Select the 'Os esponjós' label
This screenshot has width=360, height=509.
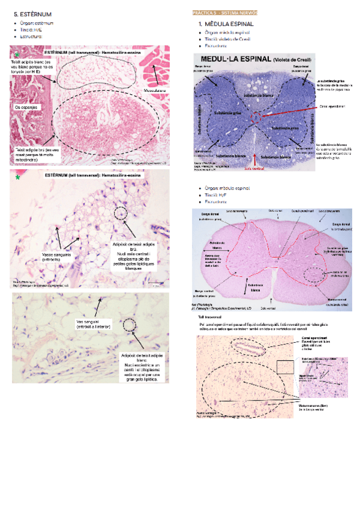pyautogui.click(x=26, y=106)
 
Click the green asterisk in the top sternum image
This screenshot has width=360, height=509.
pyautogui.click(x=17, y=55)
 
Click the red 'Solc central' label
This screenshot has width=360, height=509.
pyautogui.click(x=254, y=169)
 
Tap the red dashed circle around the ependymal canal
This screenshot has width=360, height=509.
pyautogui.click(x=256, y=116)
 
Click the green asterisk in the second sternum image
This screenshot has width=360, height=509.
pyautogui.click(x=17, y=178)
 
